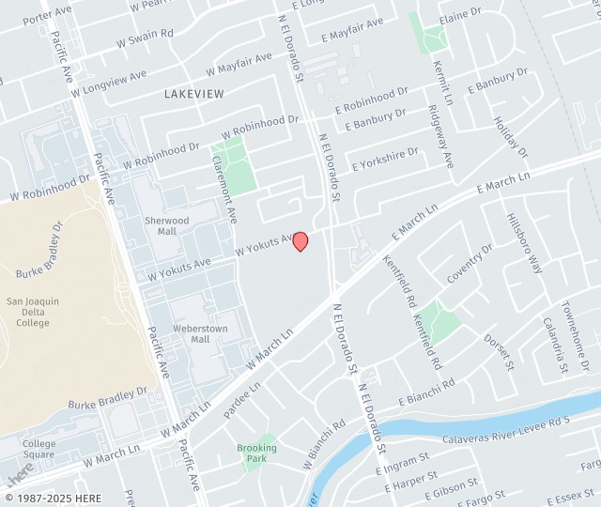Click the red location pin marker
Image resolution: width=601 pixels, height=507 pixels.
point(300,241)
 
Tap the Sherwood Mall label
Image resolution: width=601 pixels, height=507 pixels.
point(166,225)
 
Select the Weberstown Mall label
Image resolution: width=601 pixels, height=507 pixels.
point(196,334)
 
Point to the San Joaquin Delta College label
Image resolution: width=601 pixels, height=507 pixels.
point(33,312)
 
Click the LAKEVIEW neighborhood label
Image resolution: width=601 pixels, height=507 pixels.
point(194,94)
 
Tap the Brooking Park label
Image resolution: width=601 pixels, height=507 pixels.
point(256,453)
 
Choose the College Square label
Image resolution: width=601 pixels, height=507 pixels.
point(39,449)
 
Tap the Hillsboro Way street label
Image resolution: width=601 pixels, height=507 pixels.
point(526,244)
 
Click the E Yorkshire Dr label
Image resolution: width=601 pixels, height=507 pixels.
point(385,159)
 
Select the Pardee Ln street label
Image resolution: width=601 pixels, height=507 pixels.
point(241,400)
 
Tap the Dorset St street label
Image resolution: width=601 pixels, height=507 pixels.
point(500,351)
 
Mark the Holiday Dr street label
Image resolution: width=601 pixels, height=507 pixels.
point(512,137)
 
